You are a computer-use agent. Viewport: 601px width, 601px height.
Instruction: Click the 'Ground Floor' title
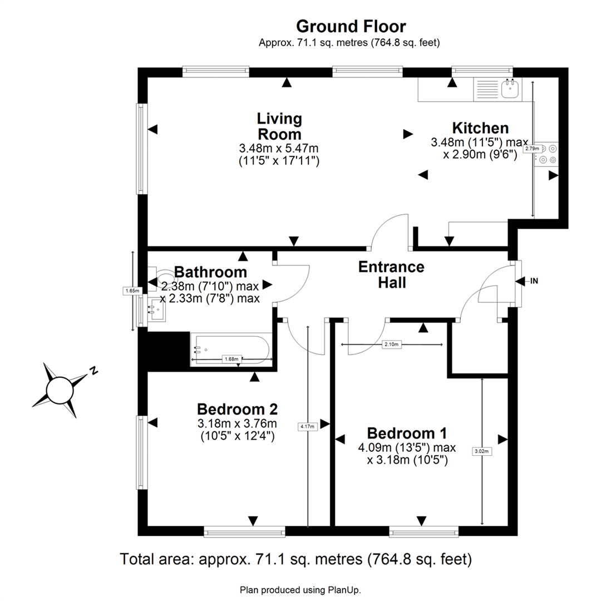(x=351, y=27)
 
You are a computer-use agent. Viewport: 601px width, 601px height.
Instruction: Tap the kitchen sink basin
(x=510, y=89)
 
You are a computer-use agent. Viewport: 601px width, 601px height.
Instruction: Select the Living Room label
(x=279, y=126)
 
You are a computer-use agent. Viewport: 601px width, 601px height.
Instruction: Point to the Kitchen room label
(x=480, y=127)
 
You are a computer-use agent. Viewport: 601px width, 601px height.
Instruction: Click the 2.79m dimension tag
(x=532, y=149)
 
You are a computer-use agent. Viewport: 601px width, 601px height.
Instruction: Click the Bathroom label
(x=210, y=272)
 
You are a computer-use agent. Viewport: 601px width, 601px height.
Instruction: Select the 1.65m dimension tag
(x=132, y=291)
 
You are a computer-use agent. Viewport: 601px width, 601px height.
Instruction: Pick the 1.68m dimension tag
(x=231, y=359)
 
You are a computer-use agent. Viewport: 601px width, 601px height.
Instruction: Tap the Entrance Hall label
(x=391, y=274)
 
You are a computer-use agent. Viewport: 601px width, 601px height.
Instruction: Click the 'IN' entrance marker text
(x=534, y=281)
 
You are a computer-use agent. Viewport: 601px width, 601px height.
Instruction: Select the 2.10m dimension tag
(x=391, y=344)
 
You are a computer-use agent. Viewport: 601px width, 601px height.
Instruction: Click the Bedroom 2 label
(x=237, y=409)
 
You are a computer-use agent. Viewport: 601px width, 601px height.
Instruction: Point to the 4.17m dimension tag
(x=307, y=426)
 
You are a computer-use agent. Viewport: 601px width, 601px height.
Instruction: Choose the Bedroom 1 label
(x=407, y=433)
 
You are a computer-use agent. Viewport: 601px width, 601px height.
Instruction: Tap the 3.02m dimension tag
(x=482, y=451)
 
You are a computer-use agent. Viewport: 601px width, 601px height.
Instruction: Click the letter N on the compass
(x=93, y=370)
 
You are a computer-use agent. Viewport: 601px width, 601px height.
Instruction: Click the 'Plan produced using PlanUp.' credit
(x=300, y=590)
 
